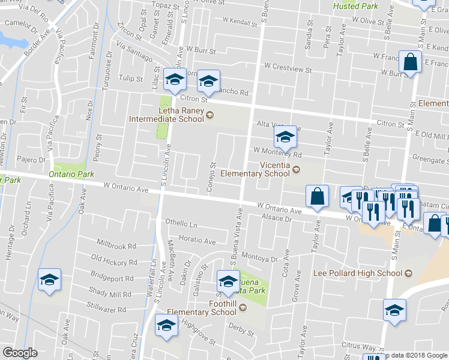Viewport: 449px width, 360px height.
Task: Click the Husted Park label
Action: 355,6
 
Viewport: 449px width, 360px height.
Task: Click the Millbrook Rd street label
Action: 116,245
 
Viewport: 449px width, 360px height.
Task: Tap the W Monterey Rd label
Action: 277,154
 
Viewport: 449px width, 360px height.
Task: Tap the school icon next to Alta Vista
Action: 286,137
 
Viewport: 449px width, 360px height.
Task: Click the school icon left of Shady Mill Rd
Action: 49,280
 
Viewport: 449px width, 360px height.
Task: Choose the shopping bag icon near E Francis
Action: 411,62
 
